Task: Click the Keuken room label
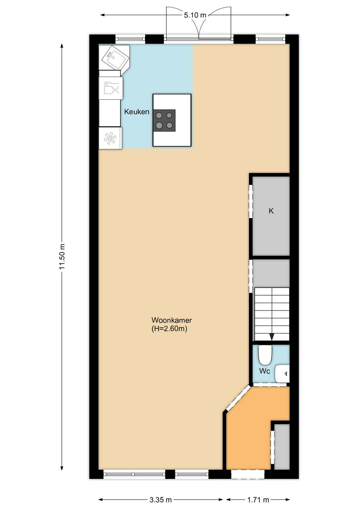coord(136,112)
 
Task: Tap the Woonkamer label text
coord(171,320)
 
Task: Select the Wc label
coord(265,371)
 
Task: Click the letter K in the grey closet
coord(271,211)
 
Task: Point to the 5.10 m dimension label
coord(195,15)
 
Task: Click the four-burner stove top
coord(164,121)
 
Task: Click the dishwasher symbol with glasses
coord(111,88)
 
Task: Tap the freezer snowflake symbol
coord(110,138)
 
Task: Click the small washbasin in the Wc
coord(282,373)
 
